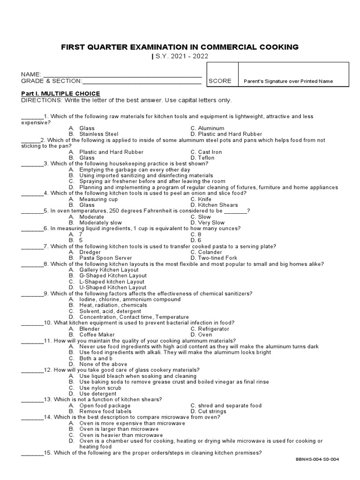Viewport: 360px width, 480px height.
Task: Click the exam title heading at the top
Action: (180, 47)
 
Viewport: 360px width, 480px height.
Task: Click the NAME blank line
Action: (122, 75)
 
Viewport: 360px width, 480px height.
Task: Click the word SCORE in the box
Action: (220, 81)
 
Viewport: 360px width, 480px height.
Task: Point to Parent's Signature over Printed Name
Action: (288, 81)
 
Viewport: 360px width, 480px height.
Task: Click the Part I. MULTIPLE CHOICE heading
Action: (60, 94)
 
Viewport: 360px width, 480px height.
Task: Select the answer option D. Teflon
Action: (202, 158)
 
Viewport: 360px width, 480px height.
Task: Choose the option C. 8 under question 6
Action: (196, 234)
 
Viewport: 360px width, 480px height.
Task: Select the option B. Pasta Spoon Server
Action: (99, 258)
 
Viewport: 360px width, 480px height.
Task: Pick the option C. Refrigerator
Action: (210, 329)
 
